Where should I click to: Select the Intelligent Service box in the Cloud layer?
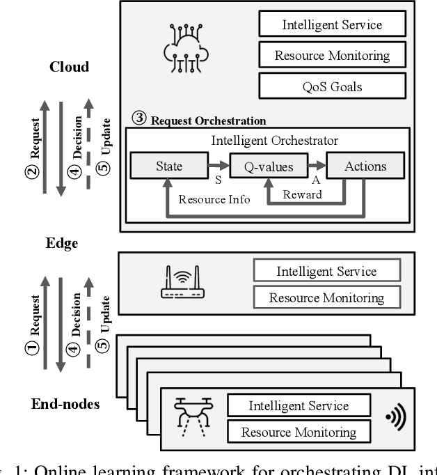tap(322, 25)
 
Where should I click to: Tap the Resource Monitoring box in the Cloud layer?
tap(322, 55)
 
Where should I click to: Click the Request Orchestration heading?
tap(208, 119)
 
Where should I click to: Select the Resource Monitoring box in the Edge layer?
tap(326, 298)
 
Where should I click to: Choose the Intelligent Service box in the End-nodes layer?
tap(298, 405)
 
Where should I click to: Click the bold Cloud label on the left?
tap(70, 67)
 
